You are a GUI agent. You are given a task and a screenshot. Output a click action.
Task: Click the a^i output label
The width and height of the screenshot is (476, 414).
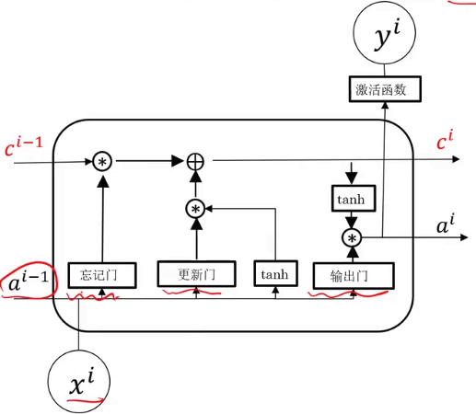[445, 224]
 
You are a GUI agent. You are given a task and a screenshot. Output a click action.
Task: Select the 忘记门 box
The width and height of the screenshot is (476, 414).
[102, 273]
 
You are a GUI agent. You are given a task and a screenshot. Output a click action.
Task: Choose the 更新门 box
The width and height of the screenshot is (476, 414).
[195, 273]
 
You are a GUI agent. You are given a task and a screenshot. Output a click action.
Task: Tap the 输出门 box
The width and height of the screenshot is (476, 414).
[354, 274]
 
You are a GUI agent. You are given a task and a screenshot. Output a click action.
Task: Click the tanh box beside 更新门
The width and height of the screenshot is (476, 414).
[273, 273]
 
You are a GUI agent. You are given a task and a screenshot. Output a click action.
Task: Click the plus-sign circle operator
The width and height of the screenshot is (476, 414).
[195, 162]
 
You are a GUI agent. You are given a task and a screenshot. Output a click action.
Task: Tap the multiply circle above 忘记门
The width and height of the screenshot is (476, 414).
[102, 162]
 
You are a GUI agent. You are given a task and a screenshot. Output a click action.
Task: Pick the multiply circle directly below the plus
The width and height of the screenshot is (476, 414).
[195, 209]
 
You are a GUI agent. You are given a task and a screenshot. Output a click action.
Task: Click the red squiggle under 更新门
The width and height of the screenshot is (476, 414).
[195, 293]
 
